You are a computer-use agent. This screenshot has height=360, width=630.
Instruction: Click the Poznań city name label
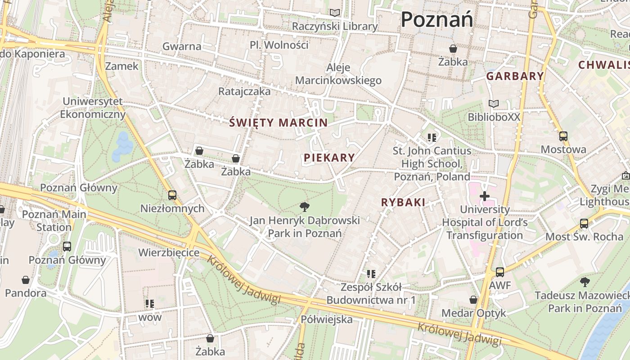436,20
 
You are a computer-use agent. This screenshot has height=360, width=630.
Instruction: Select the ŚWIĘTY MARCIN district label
279,122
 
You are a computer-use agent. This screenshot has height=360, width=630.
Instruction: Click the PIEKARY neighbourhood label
329,157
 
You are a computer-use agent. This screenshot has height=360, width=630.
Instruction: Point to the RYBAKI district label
403,202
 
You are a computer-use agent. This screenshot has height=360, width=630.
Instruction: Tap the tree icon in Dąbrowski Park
305,207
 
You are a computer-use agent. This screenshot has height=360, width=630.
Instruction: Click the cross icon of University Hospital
485,196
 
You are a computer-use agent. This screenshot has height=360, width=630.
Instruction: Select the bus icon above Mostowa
563,136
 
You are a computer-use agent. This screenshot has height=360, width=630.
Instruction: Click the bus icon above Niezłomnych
172,195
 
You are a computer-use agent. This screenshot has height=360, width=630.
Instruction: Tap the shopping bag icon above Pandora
26,280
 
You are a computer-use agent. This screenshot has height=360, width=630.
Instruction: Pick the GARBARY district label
515,76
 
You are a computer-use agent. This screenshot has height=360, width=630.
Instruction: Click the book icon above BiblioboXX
494,104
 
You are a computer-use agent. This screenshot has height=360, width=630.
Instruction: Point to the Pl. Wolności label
279,45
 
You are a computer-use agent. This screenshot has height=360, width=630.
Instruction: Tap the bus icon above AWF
500,272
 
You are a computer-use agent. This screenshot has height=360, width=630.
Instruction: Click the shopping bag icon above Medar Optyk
473,300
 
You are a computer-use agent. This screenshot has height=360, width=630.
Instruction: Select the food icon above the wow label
150,304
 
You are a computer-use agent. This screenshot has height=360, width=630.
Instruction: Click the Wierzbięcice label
169,252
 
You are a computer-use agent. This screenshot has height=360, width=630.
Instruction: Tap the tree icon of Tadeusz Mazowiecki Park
585,282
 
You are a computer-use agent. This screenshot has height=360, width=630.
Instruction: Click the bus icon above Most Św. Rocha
584,223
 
